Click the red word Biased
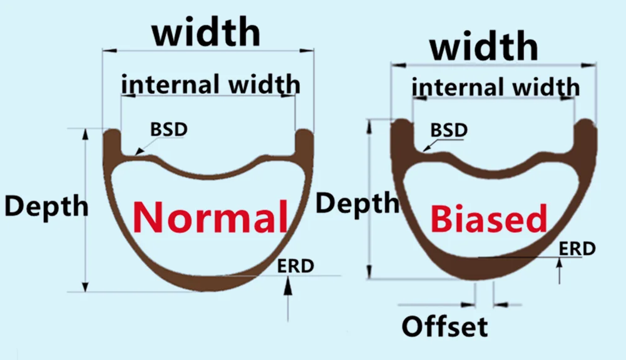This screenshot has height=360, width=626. (x=489, y=220)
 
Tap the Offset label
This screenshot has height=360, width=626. (x=444, y=326)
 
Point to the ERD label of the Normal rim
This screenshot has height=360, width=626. (x=295, y=265)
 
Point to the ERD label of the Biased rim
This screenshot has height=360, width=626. (x=577, y=249)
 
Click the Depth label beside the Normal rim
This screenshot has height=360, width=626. (x=46, y=206)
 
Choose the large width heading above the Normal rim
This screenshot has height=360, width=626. (x=206, y=33)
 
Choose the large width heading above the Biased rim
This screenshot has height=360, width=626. (x=484, y=47)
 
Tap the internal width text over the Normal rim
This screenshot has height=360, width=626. (x=210, y=83)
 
